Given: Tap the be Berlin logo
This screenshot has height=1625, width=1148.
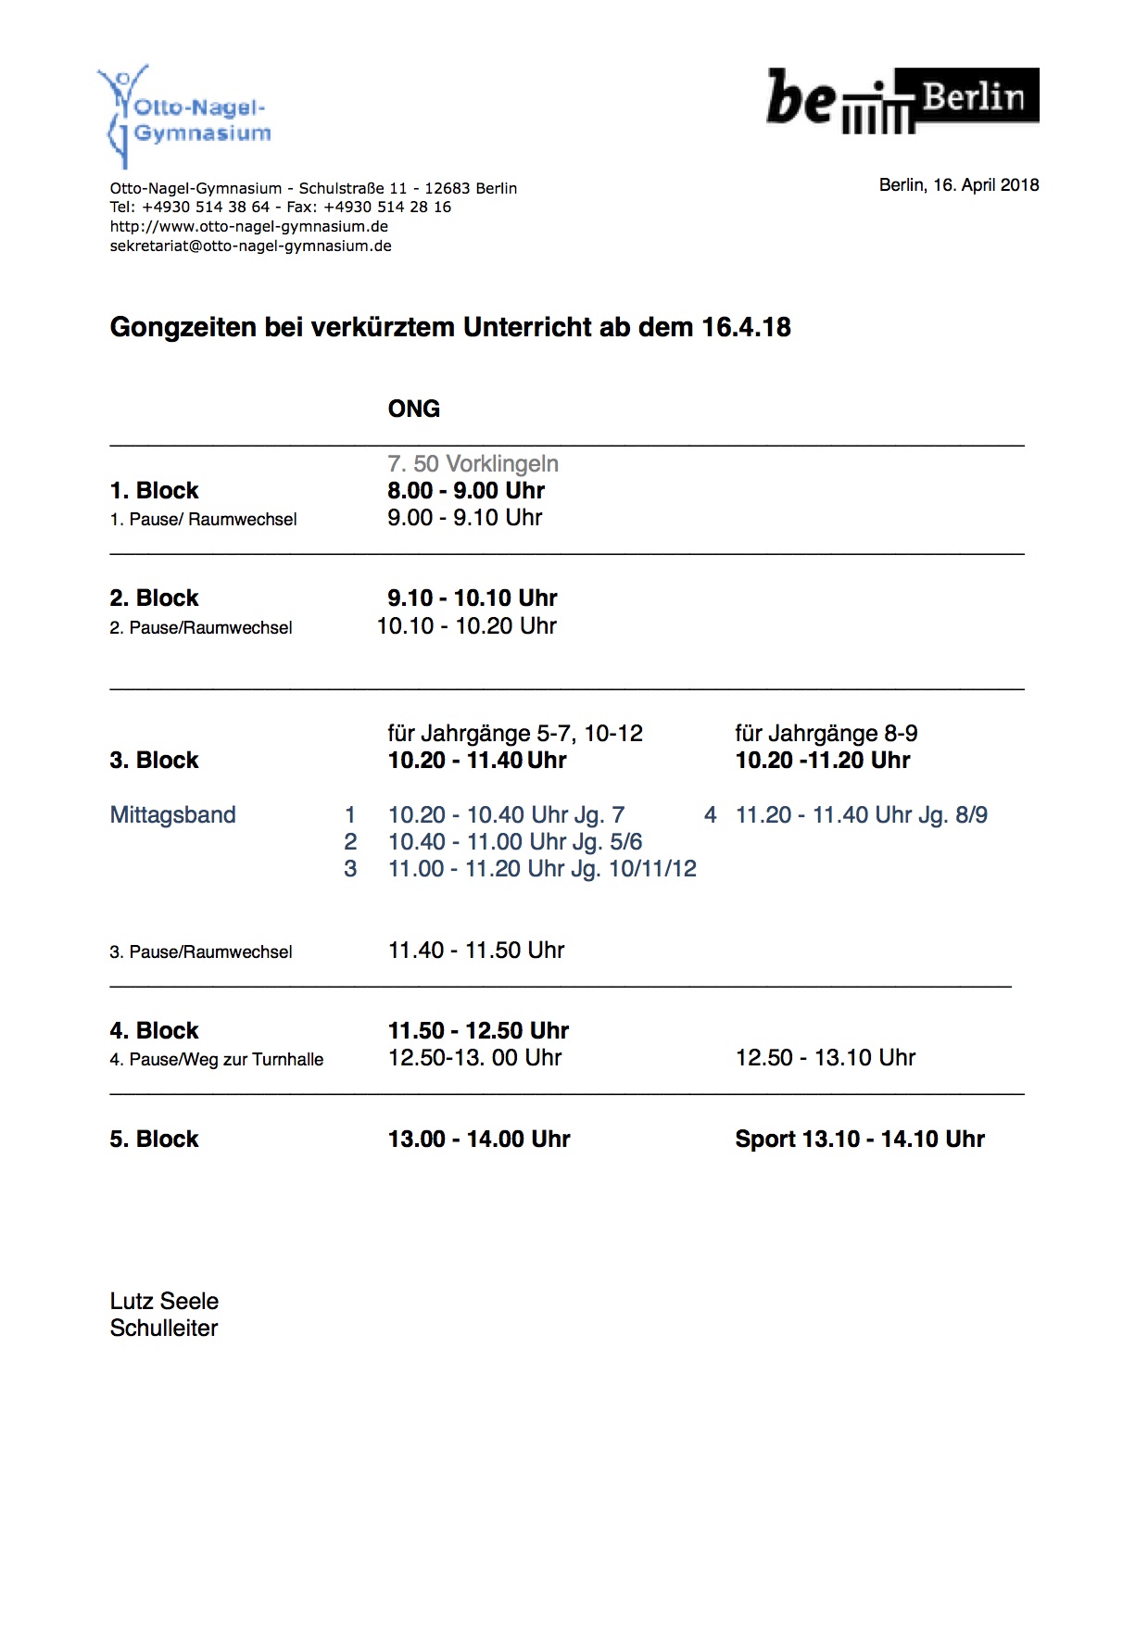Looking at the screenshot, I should pos(902,98).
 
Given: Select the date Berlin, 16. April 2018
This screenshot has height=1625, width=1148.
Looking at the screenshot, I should pos(958,185).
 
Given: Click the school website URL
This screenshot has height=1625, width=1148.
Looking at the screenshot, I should pos(248,227).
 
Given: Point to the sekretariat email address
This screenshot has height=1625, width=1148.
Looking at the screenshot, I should pos(250,246).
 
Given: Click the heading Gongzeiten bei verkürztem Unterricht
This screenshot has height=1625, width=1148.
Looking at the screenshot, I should pos(450,327).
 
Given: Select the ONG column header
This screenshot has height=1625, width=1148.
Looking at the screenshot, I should pos(413,409).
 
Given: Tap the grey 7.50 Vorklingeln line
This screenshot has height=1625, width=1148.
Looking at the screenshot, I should pos(473,463).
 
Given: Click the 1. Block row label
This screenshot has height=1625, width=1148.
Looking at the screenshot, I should pos(154,490).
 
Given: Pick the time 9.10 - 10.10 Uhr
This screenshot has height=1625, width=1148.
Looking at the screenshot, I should pos(473,598).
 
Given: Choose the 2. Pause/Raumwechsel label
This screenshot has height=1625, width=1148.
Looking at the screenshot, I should pos(201,627).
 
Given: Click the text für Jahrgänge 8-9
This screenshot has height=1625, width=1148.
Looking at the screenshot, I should pos(826,734).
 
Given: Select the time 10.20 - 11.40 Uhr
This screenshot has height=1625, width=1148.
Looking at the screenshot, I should pos(477,761).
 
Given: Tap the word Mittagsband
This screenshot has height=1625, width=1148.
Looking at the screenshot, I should pos(172,815).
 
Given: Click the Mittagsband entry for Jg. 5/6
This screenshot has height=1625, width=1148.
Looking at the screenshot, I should pos(514,842).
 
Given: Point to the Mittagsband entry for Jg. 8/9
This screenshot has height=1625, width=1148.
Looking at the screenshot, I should pos(861,815).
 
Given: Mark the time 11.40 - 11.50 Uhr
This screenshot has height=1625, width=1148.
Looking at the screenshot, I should pos(476,951).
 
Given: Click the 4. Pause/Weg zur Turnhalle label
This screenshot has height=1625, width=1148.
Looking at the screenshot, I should pos(217,1059).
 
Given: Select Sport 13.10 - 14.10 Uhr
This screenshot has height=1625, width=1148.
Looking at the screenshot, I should pos(860,1139).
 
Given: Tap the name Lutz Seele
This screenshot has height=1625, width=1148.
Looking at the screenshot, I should pos(164,1301).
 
